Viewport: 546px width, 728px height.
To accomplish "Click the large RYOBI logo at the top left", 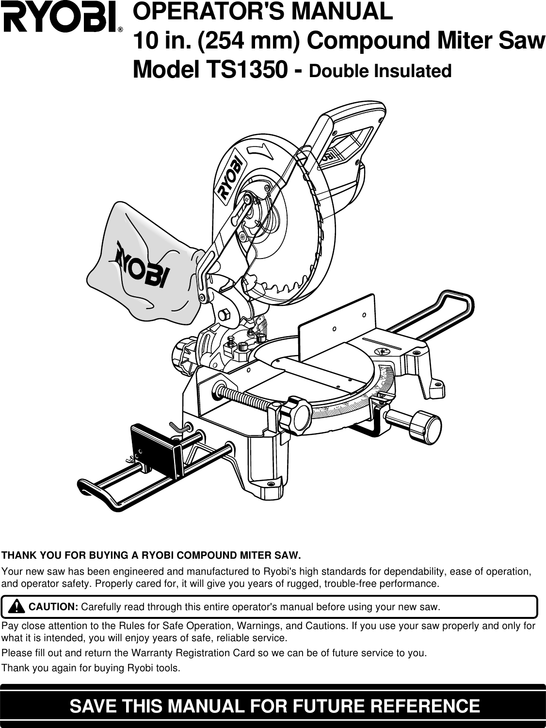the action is click(61, 20).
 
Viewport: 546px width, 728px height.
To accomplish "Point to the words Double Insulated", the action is click(380, 71).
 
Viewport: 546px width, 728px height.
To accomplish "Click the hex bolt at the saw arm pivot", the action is click(224, 314).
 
